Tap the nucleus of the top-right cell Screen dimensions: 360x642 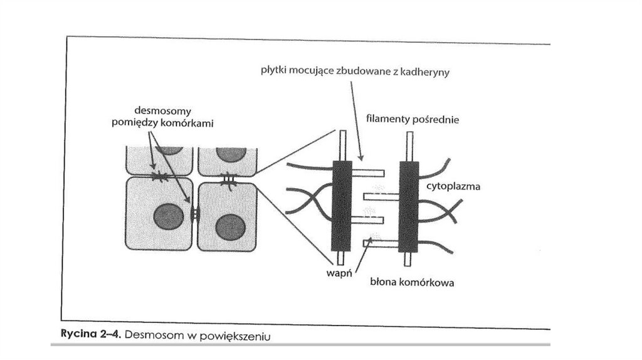(231, 154)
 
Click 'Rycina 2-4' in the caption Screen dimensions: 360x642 (87, 335)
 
